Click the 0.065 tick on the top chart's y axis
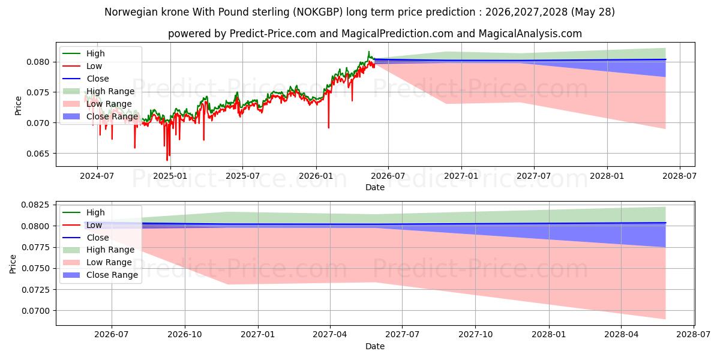tap(38, 154)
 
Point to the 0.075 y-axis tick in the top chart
tap(38, 92)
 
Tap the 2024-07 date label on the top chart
tap(97, 176)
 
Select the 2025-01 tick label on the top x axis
tap(170, 176)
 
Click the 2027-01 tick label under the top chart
tap(461, 176)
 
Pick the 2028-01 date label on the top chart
tap(607, 176)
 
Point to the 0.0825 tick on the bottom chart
tap(35, 205)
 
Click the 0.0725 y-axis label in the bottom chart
tap(35, 290)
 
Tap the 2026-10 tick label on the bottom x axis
tap(185, 335)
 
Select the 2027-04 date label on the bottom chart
tap(330, 335)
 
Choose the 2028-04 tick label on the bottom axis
tap(622, 335)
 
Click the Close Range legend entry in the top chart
tap(100, 116)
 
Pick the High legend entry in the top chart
tap(83, 53)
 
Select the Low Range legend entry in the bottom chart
tap(97, 262)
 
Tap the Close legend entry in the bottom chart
tap(86, 238)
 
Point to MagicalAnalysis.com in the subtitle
tap(530, 34)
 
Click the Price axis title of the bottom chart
tap(13, 264)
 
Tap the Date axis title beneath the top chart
tap(375, 187)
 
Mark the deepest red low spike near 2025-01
tap(167, 160)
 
